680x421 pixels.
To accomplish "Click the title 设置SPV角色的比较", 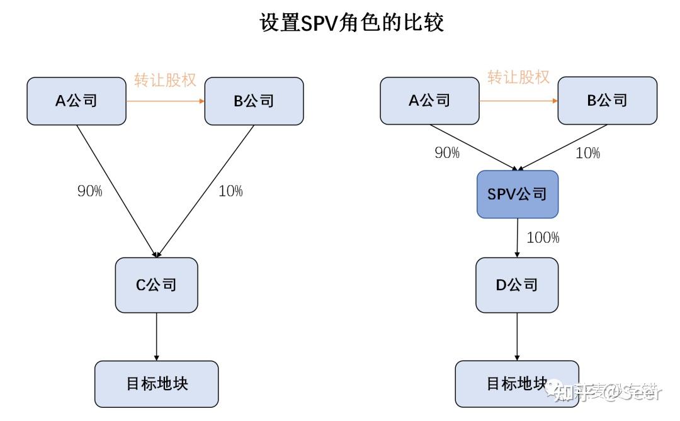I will [352, 23].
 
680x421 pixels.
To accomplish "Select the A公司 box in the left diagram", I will [76, 101].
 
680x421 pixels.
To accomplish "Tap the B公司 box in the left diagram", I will [254, 101].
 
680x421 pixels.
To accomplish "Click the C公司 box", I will [156, 285].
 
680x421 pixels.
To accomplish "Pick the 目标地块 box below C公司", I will [156, 383].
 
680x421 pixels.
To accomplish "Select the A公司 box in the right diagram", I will [429, 101].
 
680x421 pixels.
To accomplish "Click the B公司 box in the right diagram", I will [608, 101].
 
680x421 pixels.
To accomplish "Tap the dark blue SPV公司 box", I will [518, 194].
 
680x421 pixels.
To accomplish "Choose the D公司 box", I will [517, 285].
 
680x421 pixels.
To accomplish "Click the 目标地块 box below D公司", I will [516, 383].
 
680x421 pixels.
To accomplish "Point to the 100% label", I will [543, 238].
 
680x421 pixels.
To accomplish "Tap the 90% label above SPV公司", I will [447, 153].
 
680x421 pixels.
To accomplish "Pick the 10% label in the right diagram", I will [587, 153].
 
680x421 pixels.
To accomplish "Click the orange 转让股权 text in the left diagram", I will [165, 80].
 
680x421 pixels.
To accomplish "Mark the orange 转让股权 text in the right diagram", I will [518, 77].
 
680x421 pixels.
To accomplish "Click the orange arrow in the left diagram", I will [165, 101].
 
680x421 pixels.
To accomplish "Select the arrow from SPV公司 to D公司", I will [518, 238].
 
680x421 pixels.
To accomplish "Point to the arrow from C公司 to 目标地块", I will [156, 337].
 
